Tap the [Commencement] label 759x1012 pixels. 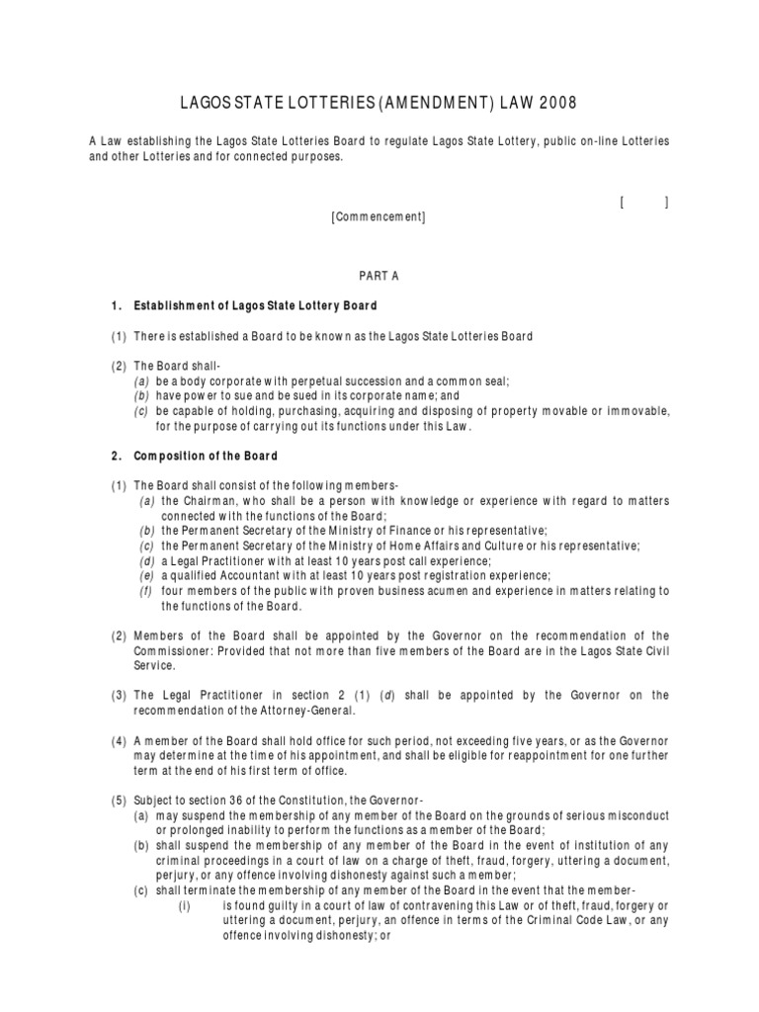click(x=379, y=217)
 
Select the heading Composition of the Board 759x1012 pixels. click(x=206, y=456)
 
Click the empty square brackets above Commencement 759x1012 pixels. click(x=644, y=203)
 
